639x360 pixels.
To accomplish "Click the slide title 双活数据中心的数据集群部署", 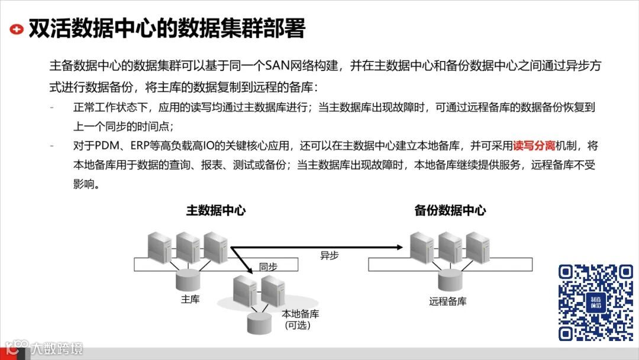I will point(166,28).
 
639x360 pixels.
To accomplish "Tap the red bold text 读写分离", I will point(534,146).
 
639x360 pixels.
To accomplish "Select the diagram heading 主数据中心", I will point(216,210).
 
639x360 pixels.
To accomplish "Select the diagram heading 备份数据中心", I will point(450,210).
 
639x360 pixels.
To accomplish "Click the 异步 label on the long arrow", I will point(330,256).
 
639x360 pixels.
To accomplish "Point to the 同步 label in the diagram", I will point(268,267).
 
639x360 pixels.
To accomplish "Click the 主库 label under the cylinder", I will point(190,299).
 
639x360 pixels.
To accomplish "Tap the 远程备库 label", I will point(448,301).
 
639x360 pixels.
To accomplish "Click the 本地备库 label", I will point(300,314).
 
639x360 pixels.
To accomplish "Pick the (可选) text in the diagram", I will point(298,326).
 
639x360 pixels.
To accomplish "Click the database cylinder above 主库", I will point(191,277).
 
